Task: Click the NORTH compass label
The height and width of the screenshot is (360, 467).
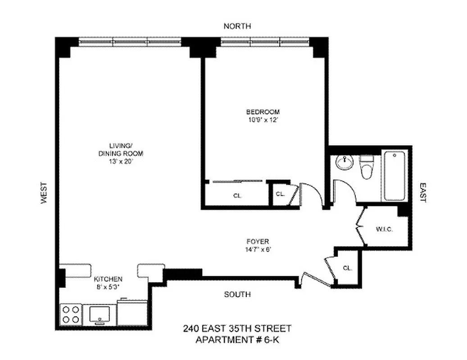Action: click(x=237, y=27)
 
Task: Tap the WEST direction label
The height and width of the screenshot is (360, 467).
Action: click(x=44, y=193)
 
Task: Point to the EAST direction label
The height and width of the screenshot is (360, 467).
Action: click(x=423, y=192)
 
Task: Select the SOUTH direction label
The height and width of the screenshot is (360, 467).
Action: click(x=237, y=294)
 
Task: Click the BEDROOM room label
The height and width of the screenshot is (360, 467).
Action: click(x=263, y=112)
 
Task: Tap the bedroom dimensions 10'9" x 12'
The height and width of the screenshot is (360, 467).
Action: click(x=263, y=120)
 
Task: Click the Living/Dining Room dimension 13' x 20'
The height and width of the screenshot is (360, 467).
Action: click(x=120, y=161)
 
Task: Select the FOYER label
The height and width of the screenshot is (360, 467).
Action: click(x=258, y=241)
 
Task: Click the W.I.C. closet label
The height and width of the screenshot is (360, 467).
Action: click(x=385, y=229)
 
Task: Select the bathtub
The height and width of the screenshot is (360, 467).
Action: click(x=395, y=177)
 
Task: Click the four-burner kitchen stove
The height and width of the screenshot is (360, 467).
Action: click(x=71, y=314)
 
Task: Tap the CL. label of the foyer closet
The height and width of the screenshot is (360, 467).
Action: click(x=347, y=268)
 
